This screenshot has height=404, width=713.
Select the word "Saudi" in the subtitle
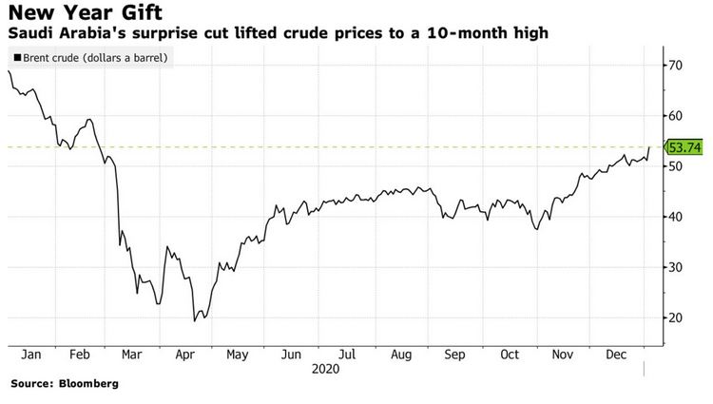tap(29, 34)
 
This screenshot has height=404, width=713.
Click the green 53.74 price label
tap(684, 147)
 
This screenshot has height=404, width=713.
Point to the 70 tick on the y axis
tap(677, 65)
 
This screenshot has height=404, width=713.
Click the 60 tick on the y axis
tap(677, 115)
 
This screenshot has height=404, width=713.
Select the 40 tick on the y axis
tap(677, 217)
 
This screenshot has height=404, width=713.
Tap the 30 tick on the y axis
tap(677, 267)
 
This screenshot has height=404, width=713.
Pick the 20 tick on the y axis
tap(677, 317)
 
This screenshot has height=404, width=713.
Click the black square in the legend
tap(16, 58)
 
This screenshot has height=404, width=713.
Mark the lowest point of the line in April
tap(194, 320)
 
